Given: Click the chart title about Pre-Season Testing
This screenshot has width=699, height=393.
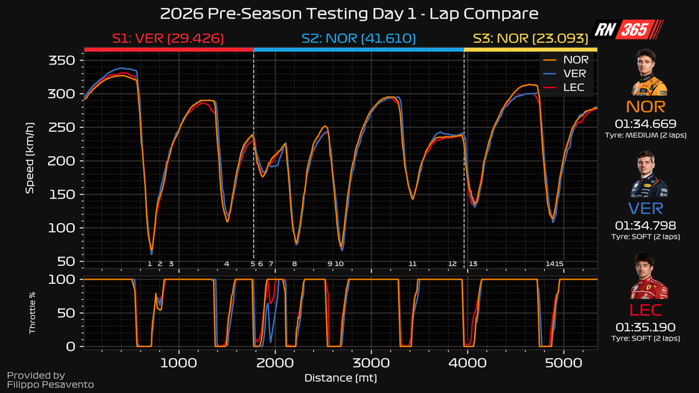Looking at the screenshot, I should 348,14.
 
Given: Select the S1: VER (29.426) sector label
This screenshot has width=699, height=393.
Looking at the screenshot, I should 168,38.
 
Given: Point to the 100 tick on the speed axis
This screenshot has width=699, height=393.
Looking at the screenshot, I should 62,228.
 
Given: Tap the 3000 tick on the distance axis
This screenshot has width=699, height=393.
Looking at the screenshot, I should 371,361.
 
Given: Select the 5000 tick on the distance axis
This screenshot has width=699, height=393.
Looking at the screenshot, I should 564,361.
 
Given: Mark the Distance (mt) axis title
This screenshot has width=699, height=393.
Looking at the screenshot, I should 341,377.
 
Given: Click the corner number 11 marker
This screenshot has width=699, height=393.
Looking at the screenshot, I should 412,264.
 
